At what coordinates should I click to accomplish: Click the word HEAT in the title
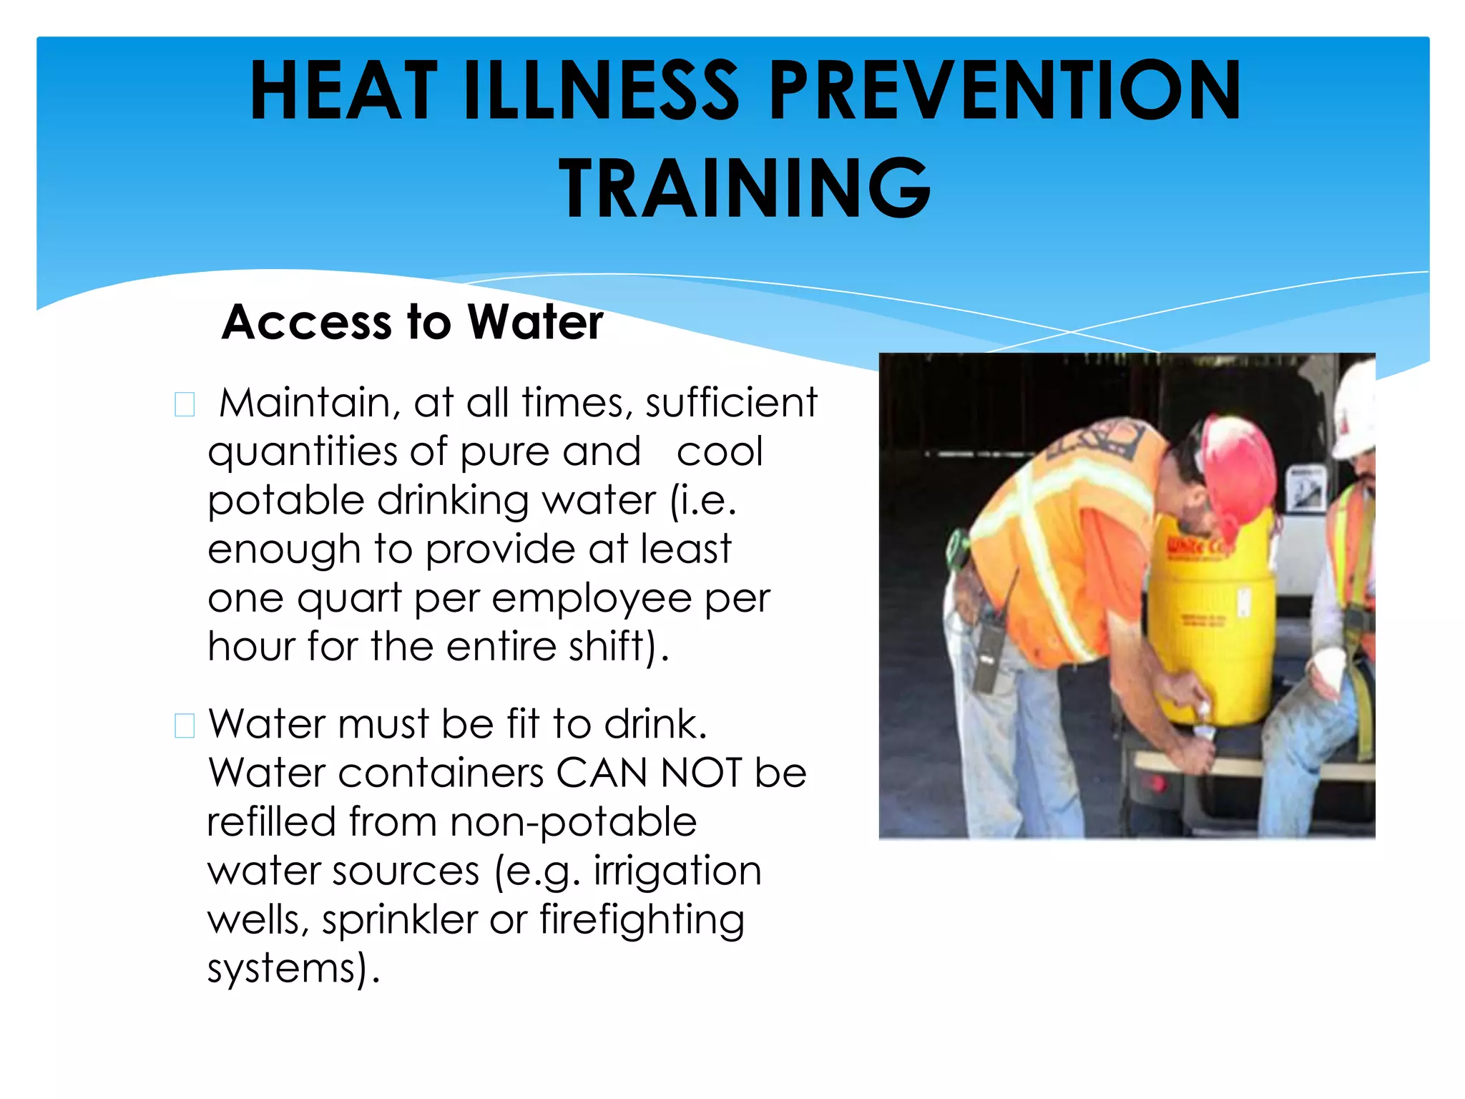click(x=343, y=91)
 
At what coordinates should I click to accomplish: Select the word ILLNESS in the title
click(x=601, y=91)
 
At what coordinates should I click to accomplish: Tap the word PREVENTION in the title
click(x=1004, y=91)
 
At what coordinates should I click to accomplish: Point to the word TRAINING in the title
click(x=745, y=188)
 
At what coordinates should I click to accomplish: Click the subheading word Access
click(x=306, y=322)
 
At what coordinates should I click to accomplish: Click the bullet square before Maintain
click(x=185, y=404)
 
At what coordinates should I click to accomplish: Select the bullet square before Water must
click(x=185, y=726)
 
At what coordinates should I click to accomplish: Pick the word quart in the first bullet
click(x=349, y=599)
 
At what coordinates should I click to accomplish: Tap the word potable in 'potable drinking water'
click(x=285, y=500)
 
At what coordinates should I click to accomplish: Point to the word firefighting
click(x=642, y=920)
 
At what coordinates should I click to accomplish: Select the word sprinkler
click(x=399, y=920)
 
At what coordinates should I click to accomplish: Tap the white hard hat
click(x=1354, y=411)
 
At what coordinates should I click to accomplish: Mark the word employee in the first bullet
click(x=592, y=599)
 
